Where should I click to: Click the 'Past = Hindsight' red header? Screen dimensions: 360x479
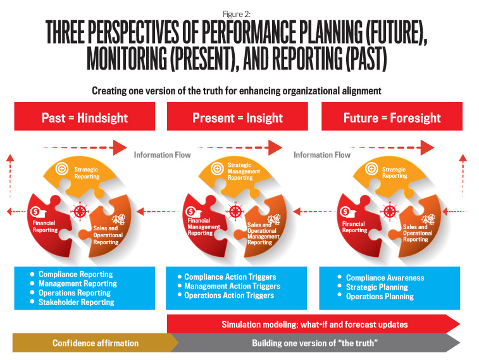point(85,118)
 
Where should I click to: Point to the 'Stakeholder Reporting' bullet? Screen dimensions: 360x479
point(76,302)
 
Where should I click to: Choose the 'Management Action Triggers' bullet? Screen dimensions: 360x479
point(232,286)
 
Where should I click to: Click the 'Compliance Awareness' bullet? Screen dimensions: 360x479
point(385,277)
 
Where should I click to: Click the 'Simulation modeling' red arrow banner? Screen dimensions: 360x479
point(314,324)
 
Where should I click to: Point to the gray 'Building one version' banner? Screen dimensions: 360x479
point(315,343)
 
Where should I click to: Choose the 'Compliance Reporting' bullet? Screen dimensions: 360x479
point(76,275)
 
